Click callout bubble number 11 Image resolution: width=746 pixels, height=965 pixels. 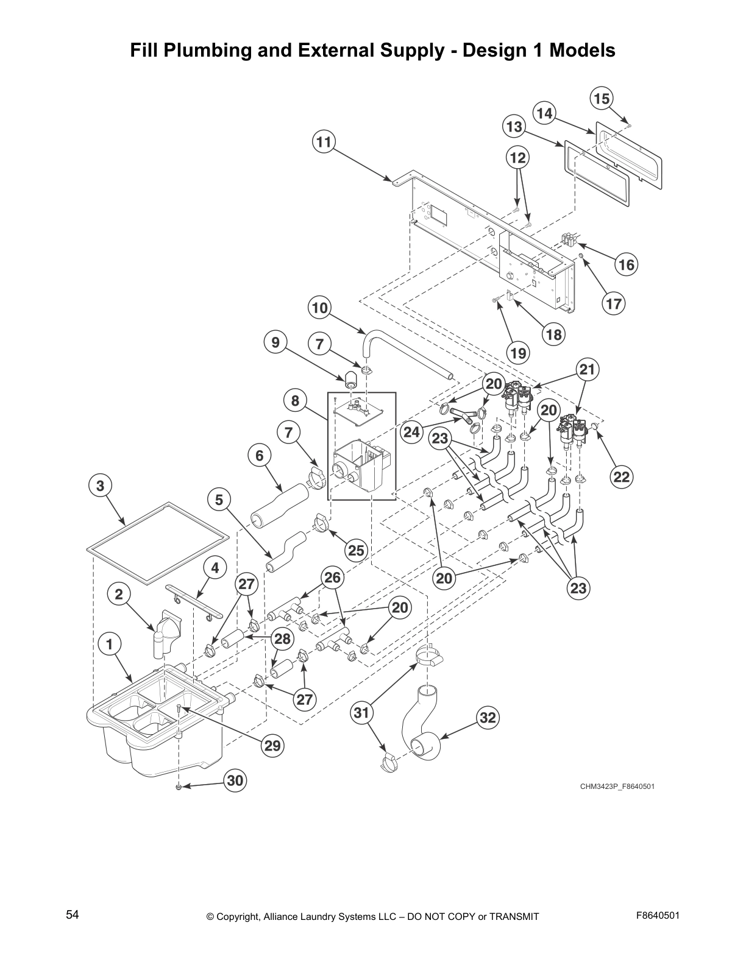point(324,142)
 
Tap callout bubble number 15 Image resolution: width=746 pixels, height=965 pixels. point(602,99)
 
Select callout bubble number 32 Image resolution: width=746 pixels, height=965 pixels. point(488,718)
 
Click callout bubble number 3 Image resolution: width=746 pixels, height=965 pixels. point(101,486)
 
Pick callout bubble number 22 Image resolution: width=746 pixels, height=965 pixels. point(621,476)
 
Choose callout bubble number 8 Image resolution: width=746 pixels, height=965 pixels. point(295,401)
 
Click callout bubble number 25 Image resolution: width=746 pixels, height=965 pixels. point(355,550)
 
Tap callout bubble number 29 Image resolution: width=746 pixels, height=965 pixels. point(274,745)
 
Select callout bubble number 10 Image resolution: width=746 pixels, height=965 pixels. point(320,308)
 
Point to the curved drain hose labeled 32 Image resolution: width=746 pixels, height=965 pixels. point(421,725)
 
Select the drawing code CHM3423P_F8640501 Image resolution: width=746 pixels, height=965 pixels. point(617,786)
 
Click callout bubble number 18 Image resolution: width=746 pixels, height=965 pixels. point(553,334)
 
